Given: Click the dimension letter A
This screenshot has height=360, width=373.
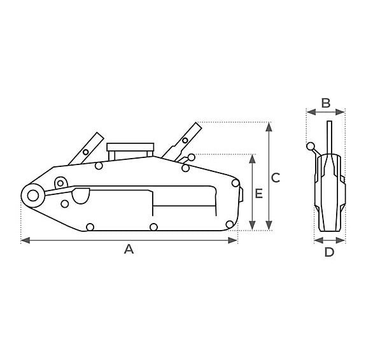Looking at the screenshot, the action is coord(129,249).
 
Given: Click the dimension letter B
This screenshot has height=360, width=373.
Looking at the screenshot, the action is coord(326,103).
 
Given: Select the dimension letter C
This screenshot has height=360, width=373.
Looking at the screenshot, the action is coord(276,178).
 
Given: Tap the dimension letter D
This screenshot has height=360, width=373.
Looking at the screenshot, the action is coord(330,252).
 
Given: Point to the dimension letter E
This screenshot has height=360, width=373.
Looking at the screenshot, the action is coord(259,193).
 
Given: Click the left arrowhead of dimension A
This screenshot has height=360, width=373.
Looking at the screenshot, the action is coord(25,240).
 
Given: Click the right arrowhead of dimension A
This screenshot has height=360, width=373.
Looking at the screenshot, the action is coord(233,240).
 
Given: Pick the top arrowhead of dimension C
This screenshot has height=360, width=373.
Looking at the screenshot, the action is coord(269,127).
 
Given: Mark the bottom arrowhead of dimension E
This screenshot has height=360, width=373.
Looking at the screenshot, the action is coord(252,226).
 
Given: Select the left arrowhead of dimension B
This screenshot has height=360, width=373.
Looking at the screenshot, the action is coord(311,112).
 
